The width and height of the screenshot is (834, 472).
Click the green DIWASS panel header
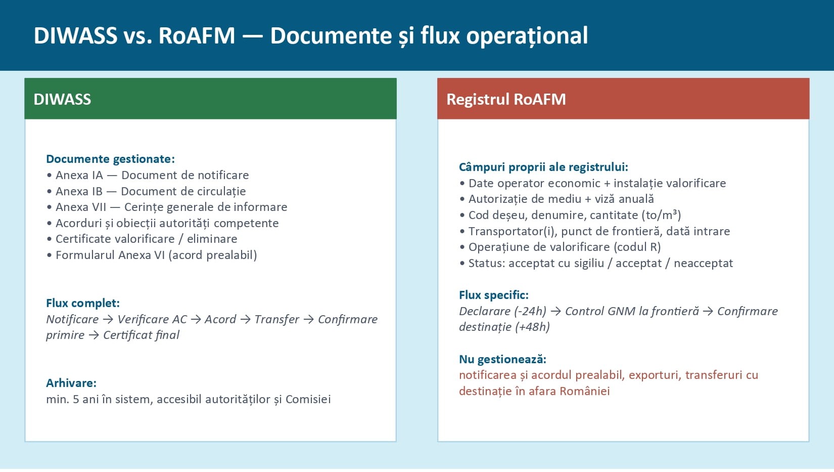point(210,99)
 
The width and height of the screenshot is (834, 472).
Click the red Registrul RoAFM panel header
point(623,99)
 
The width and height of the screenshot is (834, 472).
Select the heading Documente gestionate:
point(110,159)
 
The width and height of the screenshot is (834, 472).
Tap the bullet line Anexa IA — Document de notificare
point(152,175)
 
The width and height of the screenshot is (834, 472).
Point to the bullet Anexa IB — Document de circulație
point(150,191)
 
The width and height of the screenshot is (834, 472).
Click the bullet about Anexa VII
point(171,207)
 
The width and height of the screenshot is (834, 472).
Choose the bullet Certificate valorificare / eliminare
point(146,239)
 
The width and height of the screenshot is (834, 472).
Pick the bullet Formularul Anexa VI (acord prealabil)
point(156,255)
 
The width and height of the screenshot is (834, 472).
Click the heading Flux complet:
point(83,303)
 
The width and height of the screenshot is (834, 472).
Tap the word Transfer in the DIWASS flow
point(276,319)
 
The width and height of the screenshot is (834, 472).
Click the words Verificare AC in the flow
point(152,319)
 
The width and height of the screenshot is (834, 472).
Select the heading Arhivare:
point(71,383)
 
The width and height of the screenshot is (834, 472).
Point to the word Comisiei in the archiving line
point(308,399)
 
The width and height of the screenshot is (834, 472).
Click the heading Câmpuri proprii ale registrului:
point(543,167)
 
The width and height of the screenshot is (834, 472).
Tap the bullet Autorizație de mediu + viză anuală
point(561,199)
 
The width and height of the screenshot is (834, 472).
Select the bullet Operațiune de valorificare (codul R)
point(564,247)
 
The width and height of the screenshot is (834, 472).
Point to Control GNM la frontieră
point(632,311)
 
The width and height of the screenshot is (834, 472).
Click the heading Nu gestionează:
point(502,359)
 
